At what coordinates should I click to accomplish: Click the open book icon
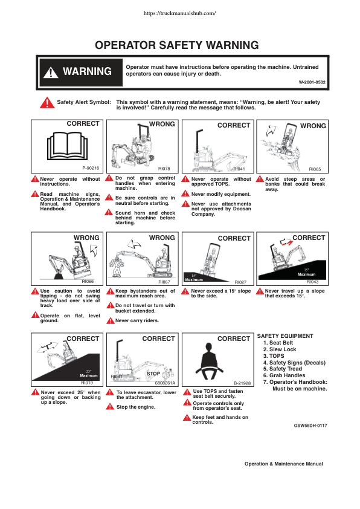(68, 146)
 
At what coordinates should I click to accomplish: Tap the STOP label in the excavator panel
(153, 374)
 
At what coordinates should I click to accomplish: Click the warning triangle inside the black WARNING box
(51, 73)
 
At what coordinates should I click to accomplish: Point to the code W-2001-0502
(312, 82)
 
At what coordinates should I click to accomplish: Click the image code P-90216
(91, 168)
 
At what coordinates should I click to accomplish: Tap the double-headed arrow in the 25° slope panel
(48, 348)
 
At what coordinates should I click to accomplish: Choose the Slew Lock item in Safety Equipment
(280, 349)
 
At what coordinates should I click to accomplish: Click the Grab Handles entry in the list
(284, 375)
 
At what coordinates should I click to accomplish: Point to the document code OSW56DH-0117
(310, 426)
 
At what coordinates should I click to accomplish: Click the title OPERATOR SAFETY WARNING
(177, 45)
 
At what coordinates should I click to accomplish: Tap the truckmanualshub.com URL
(179, 13)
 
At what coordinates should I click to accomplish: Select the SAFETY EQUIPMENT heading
(285, 336)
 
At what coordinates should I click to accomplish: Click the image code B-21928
(242, 383)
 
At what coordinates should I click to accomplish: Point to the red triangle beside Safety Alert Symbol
(47, 103)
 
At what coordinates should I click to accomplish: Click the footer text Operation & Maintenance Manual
(284, 464)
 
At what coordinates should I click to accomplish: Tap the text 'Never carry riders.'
(137, 321)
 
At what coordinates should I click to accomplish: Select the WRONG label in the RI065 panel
(313, 126)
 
